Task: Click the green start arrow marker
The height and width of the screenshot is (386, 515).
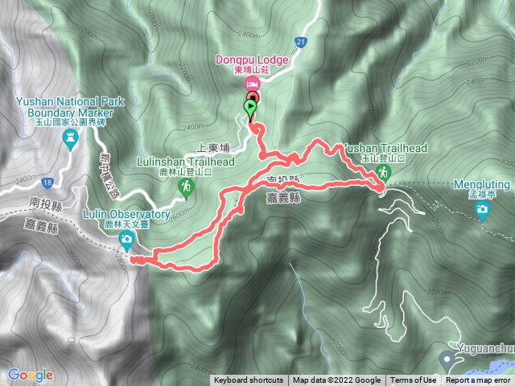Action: point(251,106)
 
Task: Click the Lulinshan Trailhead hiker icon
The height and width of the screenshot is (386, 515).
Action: point(186,187)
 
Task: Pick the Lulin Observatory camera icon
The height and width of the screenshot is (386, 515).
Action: point(126,240)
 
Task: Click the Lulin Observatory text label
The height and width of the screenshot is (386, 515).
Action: point(126,215)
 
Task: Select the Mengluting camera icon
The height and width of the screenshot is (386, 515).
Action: point(482,211)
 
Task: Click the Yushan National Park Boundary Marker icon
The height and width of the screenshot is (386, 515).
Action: point(68,139)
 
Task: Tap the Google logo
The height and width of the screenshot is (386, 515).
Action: point(31,375)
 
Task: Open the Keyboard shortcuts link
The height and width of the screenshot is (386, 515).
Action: point(248,380)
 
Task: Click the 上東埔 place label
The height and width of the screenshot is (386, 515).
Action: point(213,148)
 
